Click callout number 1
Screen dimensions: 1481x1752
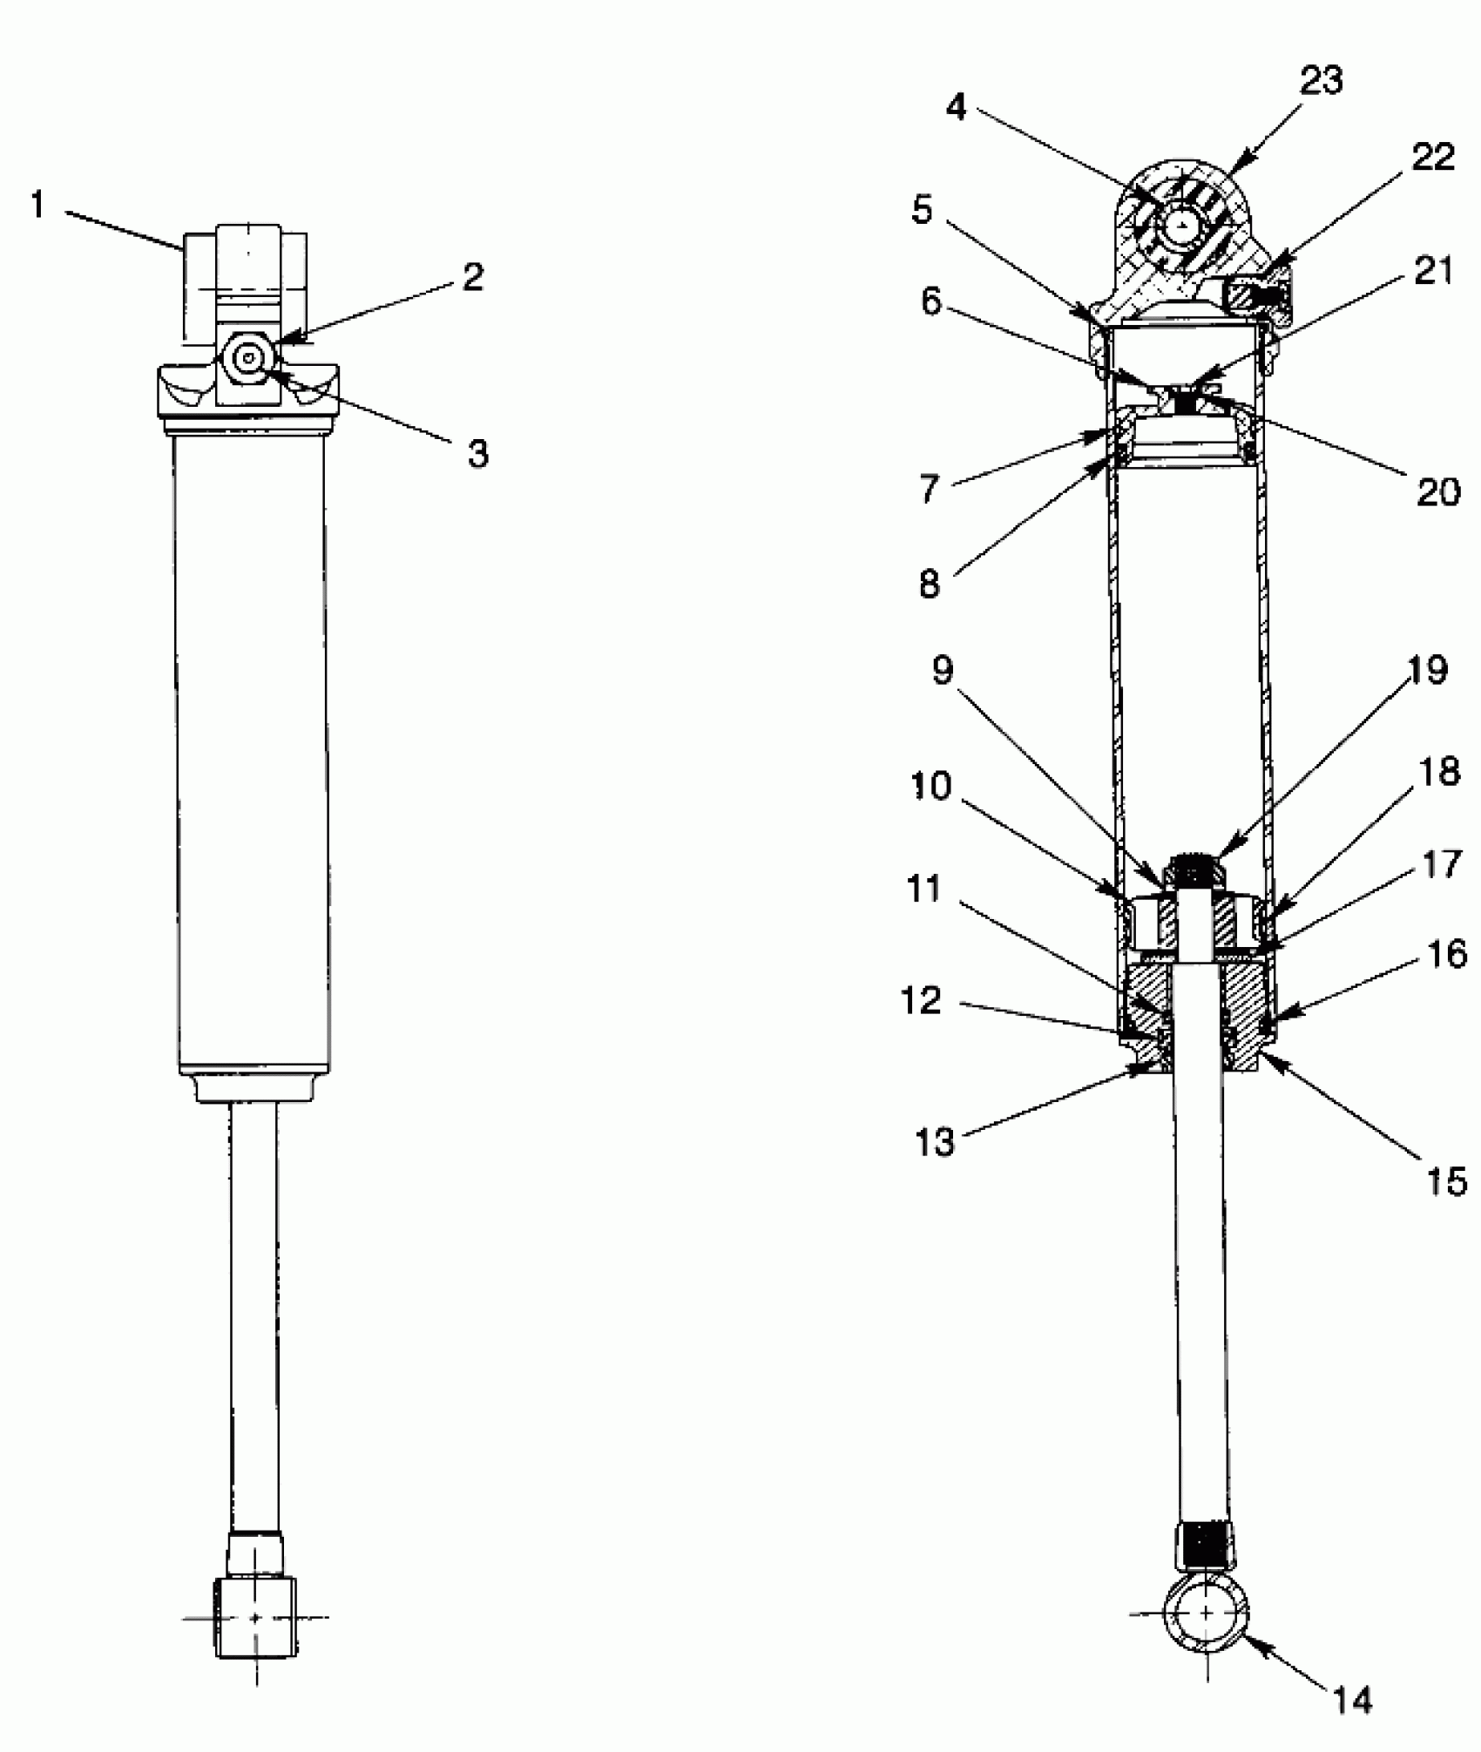pyautogui.click(x=37, y=206)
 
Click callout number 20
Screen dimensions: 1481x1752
pyautogui.click(x=1437, y=492)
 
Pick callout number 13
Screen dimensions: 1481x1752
pyautogui.click(x=935, y=1140)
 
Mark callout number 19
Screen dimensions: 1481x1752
pyautogui.click(x=1426, y=670)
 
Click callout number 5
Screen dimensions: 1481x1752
pyautogui.click(x=922, y=210)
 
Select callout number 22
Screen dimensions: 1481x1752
pyautogui.click(x=1434, y=157)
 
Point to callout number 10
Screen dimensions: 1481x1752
pyautogui.click(x=930, y=787)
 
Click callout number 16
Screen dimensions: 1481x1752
pyautogui.click(x=1447, y=955)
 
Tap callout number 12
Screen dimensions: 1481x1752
pyautogui.click(x=921, y=1001)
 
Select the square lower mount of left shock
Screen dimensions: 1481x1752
pyautogui.click(x=254, y=1617)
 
